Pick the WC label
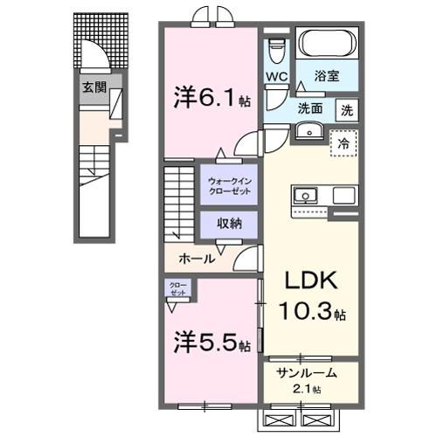277,76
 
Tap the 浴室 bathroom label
328,77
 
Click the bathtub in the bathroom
326,44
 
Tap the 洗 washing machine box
347,111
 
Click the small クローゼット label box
177,289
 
